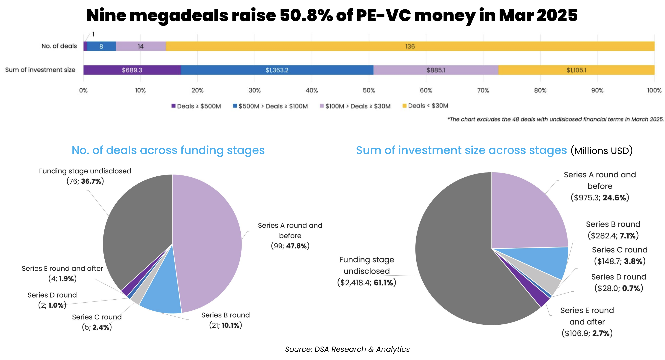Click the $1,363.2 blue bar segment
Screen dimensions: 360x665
tap(277, 70)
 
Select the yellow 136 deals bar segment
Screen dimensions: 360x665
tap(410, 46)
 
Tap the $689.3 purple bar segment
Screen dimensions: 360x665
tap(132, 70)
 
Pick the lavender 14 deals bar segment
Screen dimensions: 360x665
tap(141, 46)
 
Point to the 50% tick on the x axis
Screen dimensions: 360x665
tap(369, 90)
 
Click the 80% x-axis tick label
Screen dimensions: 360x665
tap(540, 90)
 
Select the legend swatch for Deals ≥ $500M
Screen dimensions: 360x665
tap(173, 106)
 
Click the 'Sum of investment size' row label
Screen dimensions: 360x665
tap(40, 70)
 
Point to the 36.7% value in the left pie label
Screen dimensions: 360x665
tap(91, 181)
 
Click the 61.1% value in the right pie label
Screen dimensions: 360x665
tap(383, 283)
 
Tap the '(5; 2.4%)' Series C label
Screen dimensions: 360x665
tap(97, 327)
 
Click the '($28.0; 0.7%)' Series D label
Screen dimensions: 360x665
tap(619, 288)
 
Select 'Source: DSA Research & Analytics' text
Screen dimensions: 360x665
tap(347, 349)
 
